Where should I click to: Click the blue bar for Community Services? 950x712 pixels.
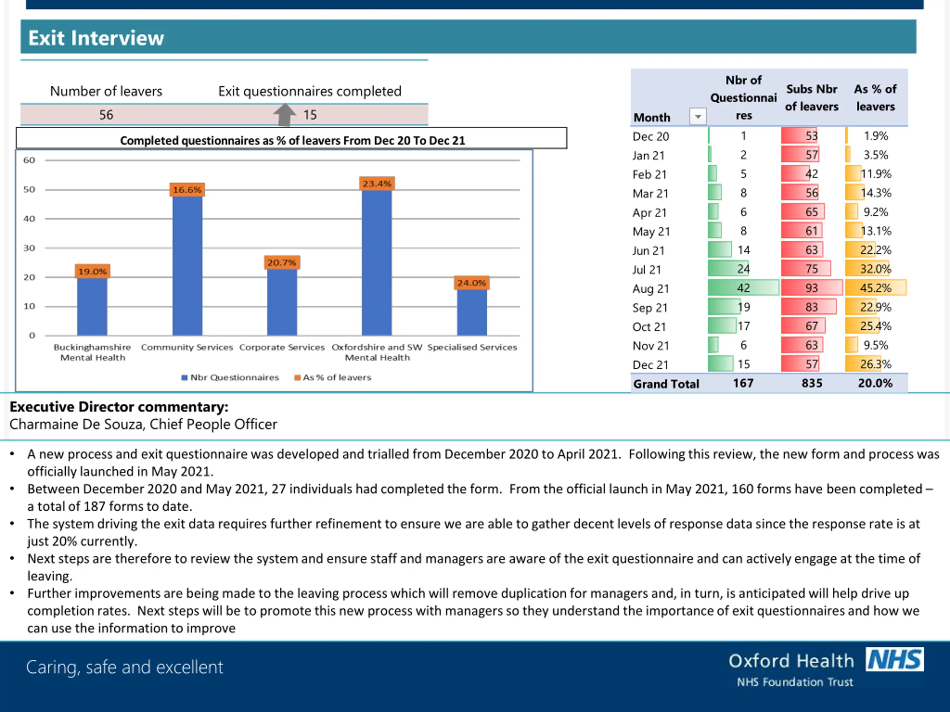tap(187, 266)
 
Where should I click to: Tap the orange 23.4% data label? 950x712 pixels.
tap(377, 184)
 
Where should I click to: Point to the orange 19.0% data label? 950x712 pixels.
tap(92, 271)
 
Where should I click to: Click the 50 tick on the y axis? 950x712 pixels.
tap(29, 189)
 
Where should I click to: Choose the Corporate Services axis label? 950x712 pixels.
tap(282, 347)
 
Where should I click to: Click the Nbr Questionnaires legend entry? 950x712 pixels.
tap(230, 377)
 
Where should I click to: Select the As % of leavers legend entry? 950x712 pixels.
tap(333, 377)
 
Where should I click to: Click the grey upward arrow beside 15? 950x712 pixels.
tap(284, 115)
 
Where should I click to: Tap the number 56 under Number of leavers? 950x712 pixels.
tap(106, 115)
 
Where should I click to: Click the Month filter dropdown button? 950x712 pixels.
tap(698, 116)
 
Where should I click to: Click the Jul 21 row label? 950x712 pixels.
tap(646, 270)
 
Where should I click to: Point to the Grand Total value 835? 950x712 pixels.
tap(812, 383)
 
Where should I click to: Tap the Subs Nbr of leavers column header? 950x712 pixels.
tap(812, 98)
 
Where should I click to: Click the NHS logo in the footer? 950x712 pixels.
tap(895, 659)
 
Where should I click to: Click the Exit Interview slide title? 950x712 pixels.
tap(96, 38)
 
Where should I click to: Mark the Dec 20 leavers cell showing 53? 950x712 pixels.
tap(800, 136)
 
